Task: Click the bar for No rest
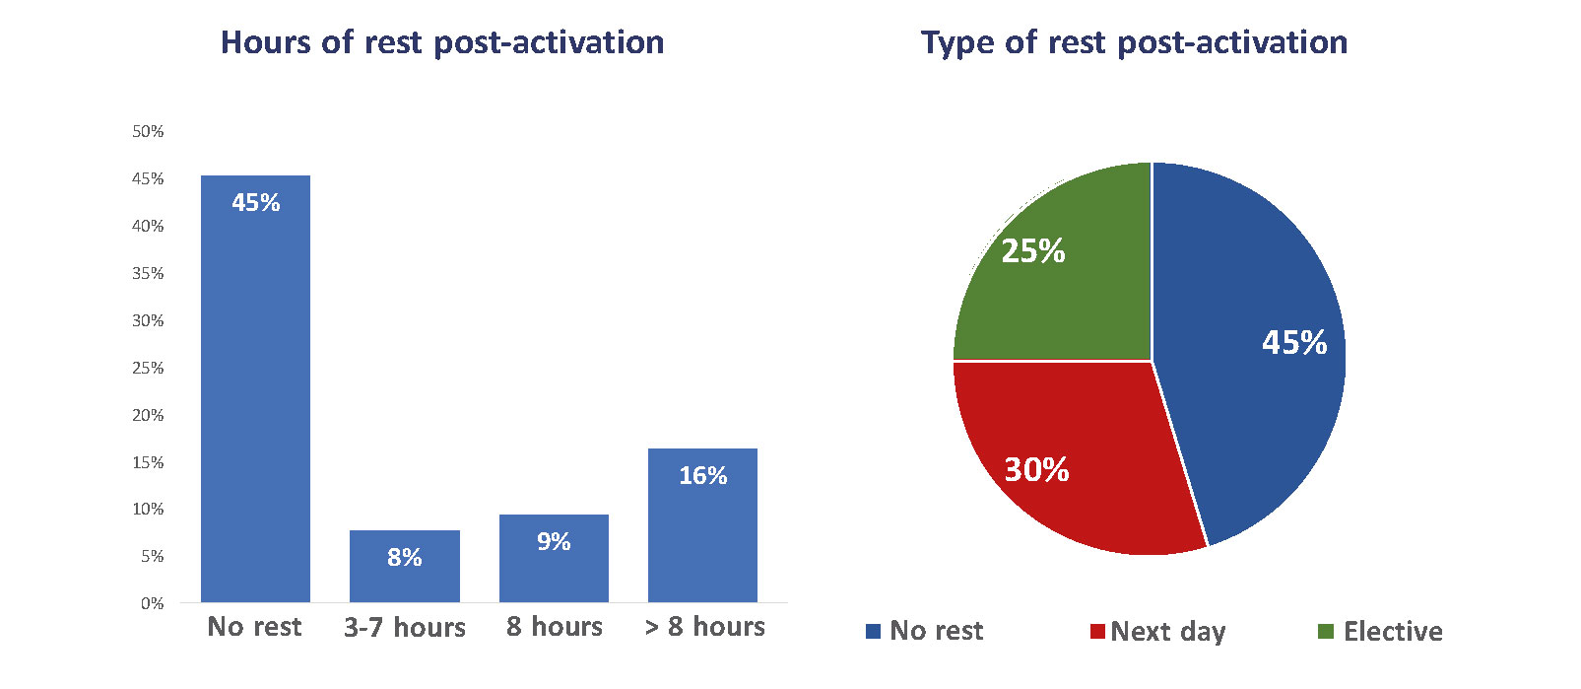click(x=255, y=389)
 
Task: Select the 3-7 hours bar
click(x=405, y=566)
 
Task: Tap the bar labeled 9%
click(x=554, y=559)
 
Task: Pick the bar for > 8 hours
click(x=703, y=525)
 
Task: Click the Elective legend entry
click(x=1381, y=631)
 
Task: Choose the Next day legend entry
click(x=1158, y=632)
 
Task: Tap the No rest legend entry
click(x=925, y=631)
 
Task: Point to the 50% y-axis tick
click(x=148, y=131)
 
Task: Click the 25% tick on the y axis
click(x=148, y=368)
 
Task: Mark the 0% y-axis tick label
click(x=152, y=603)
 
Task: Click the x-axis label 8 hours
click(x=554, y=627)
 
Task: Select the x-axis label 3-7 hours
click(x=405, y=627)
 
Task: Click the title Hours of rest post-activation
click(x=442, y=42)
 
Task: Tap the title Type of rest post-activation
click(x=1134, y=43)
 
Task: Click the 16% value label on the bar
click(x=703, y=476)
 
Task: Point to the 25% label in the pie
click(x=1033, y=251)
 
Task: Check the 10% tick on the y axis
click(x=148, y=509)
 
